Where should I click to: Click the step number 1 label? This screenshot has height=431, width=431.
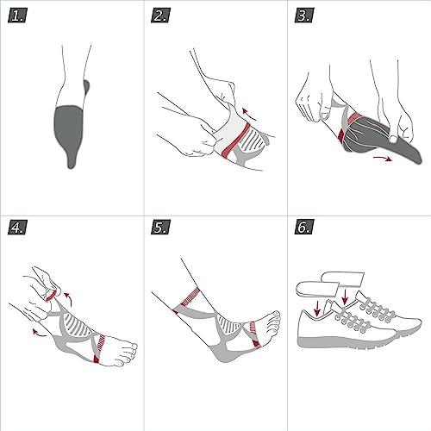tap(17, 16)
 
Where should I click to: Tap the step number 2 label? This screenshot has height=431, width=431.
tap(160, 16)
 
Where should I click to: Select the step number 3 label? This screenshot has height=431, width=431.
tap(304, 16)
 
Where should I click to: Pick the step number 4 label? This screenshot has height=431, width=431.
tap(17, 227)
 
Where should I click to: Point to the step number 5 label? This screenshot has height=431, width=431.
tap(160, 227)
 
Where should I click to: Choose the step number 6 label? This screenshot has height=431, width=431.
tap(304, 227)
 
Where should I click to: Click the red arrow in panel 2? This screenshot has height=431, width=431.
tap(249, 115)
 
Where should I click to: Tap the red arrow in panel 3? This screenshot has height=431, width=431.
tap(383, 158)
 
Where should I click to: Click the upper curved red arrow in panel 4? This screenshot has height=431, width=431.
tap(68, 299)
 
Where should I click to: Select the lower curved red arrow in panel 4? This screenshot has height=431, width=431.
tap(39, 333)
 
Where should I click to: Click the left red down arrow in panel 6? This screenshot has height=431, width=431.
tap(317, 309)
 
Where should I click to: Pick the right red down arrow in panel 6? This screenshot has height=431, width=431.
tap(345, 297)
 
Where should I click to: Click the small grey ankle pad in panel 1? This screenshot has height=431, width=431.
tap(86, 86)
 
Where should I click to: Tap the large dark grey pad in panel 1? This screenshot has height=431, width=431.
tap(68, 132)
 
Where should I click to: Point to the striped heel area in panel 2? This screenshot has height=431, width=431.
tap(254, 138)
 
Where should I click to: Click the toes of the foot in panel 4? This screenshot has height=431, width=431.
tap(128, 353)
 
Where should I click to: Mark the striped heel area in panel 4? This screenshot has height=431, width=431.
tap(77, 325)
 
